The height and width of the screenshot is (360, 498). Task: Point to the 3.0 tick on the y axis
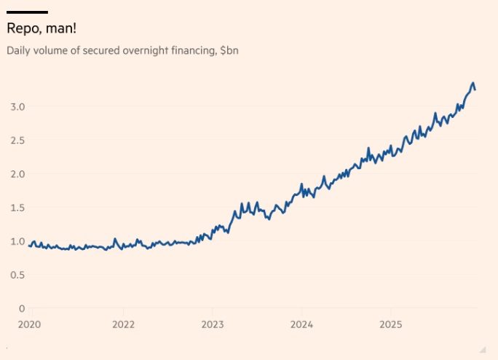point(17,106)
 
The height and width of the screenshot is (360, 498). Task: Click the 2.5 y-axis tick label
point(17,140)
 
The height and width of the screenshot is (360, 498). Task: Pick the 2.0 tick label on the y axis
point(17,173)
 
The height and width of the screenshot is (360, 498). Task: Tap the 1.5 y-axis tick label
point(17,208)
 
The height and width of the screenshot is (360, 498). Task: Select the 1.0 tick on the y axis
point(17,241)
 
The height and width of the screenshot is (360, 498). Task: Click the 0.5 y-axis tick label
point(17,275)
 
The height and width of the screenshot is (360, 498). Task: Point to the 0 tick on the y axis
point(22,308)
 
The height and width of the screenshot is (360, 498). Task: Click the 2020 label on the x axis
point(29,324)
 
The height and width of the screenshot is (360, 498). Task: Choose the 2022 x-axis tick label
point(123,324)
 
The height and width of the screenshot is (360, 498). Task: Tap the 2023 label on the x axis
point(213,324)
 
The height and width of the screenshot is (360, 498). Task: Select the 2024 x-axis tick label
point(302,324)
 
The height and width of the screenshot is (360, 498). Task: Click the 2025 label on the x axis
point(391,324)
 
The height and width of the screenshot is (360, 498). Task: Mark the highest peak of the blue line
point(473,83)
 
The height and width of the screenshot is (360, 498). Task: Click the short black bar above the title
point(27,12)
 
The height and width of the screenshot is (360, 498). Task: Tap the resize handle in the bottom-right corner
point(481,348)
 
